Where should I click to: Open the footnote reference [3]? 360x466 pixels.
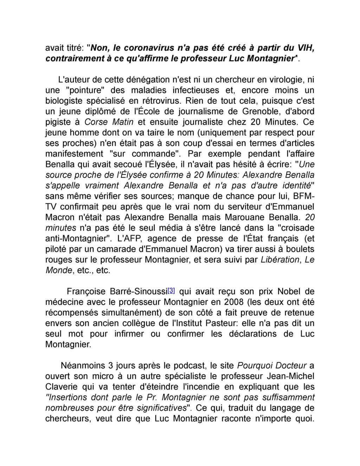tap(171, 291)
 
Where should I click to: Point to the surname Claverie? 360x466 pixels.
tap(62, 387)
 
